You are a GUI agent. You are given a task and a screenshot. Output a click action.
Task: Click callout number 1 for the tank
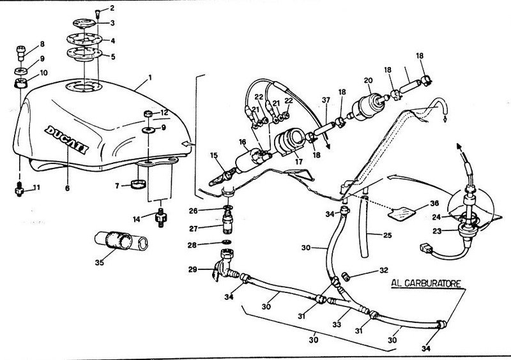(149, 79)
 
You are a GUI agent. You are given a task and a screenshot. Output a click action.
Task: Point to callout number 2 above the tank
(112, 8)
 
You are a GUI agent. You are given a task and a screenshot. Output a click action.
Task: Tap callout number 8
(42, 44)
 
